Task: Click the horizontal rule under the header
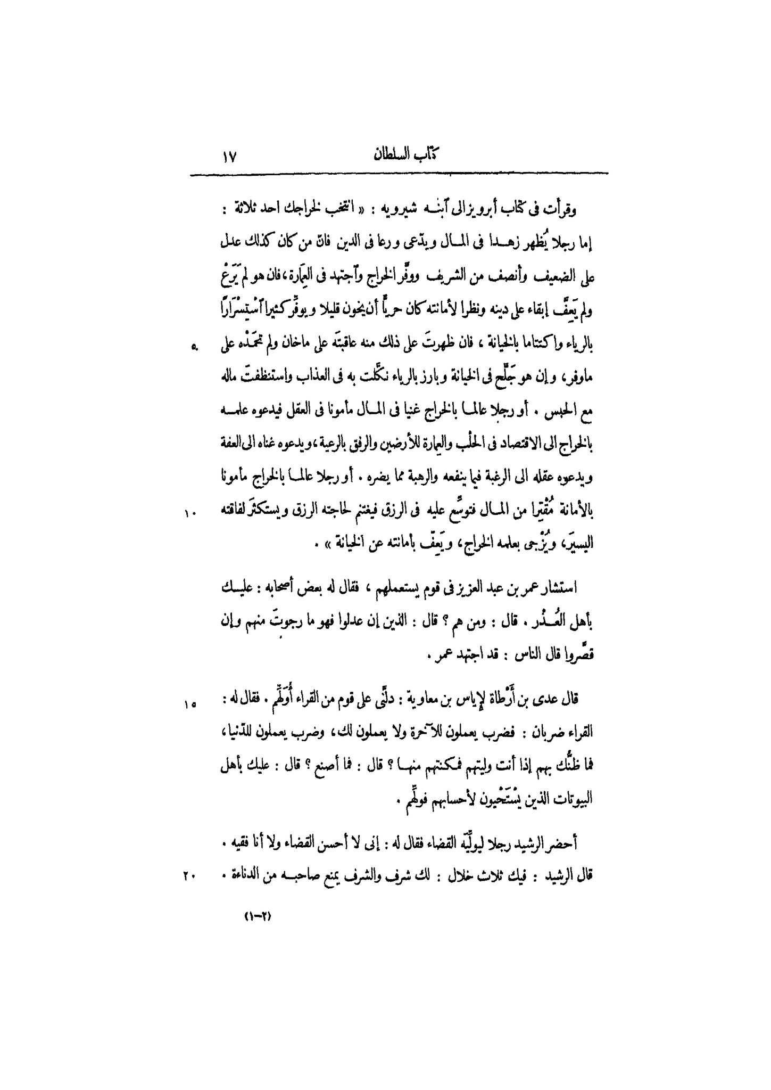pyautogui.click(x=399, y=173)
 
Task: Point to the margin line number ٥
pyautogui.click(x=195, y=348)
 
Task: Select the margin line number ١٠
pyautogui.click(x=191, y=513)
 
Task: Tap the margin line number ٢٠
pyautogui.click(x=190, y=875)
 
